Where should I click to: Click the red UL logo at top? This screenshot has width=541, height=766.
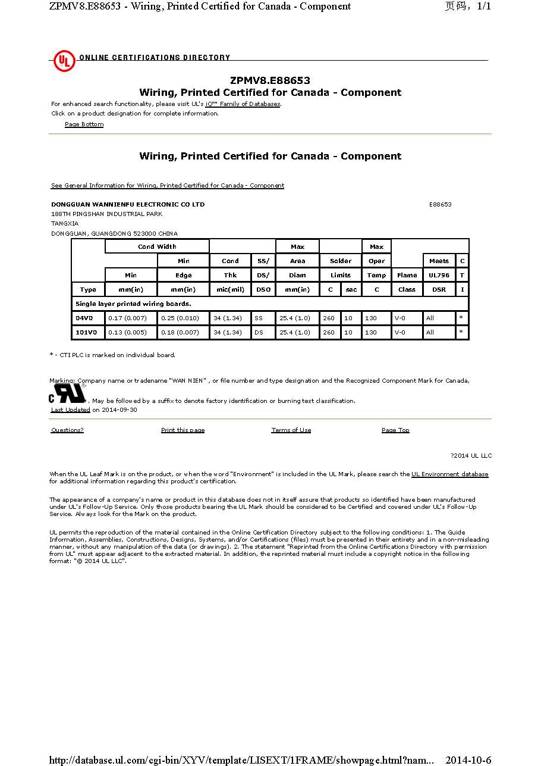click(x=64, y=61)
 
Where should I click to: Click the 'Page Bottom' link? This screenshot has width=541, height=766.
click(x=84, y=124)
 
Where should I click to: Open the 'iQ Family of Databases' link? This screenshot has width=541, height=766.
click(x=243, y=104)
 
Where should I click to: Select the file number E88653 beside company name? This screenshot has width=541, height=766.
click(x=440, y=204)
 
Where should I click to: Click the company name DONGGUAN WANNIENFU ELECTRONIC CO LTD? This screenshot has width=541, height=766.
click(x=128, y=204)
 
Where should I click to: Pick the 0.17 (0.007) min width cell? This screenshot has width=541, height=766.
click(x=127, y=318)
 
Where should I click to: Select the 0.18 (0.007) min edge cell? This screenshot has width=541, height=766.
click(x=180, y=332)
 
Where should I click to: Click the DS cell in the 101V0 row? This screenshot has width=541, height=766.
click(x=259, y=332)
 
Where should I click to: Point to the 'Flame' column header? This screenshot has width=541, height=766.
click(x=407, y=275)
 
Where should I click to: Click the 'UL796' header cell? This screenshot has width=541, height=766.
click(x=439, y=275)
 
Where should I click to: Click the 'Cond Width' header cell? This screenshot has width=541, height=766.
click(x=157, y=246)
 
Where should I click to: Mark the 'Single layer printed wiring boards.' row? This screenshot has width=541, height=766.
click(x=133, y=304)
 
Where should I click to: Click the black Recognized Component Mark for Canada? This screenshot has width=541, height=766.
click(x=67, y=394)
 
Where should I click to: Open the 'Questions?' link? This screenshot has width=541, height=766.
click(x=67, y=430)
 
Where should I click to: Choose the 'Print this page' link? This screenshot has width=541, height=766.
click(x=183, y=430)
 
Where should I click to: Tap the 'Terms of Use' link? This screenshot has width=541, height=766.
click(x=291, y=430)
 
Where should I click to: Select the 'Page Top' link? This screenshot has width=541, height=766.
click(x=395, y=430)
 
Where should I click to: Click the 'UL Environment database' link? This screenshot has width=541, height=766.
click(x=449, y=474)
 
